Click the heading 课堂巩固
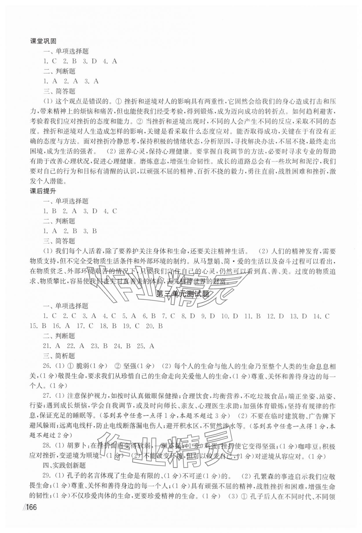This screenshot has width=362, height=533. (43, 41)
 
